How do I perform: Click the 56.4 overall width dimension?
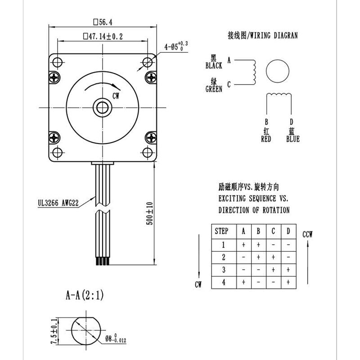(103, 22)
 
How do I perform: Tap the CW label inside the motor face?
(116, 95)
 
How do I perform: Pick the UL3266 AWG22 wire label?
(58, 203)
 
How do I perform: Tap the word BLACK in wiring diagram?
(214, 66)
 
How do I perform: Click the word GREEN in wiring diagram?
(214, 89)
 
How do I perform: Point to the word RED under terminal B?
(266, 139)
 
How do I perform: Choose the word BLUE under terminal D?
(292, 139)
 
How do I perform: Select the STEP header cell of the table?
(221, 231)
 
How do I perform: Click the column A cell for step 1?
(243, 245)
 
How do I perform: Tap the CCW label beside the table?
(308, 234)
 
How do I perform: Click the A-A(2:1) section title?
(85, 296)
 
